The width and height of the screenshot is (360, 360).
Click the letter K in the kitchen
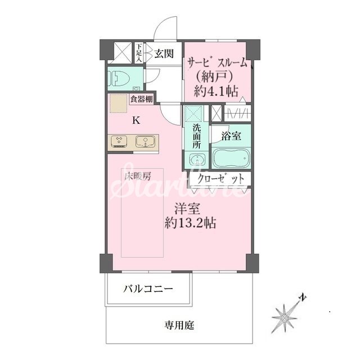click(x=136, y=120)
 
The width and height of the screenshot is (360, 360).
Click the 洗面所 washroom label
click(x=196, y=136)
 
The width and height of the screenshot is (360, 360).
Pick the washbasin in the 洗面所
click(x=196, y=161)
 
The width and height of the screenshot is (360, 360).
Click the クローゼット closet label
click(x=221, y=179)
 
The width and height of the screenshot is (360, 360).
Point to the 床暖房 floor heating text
click(x=137, y=176)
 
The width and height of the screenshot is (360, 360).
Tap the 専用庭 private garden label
click(x=179, y=325)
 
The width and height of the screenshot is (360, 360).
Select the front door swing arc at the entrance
click(x=167, y=27)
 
